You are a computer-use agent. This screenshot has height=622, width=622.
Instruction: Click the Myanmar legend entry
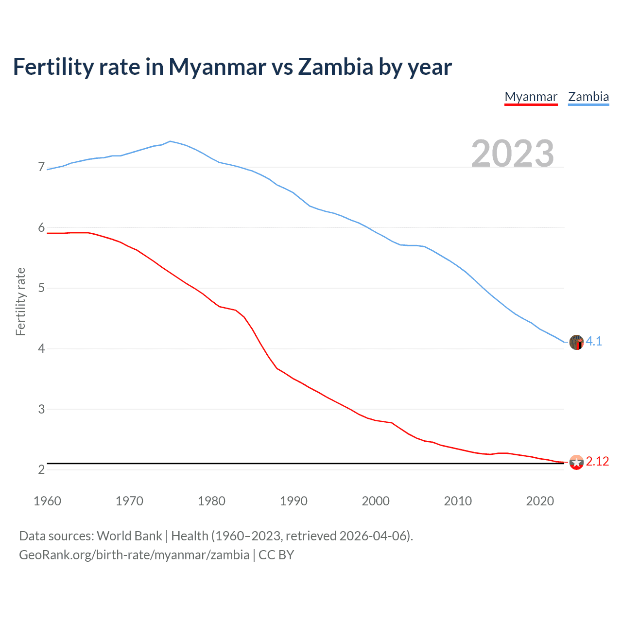531,97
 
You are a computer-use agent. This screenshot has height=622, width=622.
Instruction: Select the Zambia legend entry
588,97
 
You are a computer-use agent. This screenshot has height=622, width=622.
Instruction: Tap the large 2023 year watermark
513,154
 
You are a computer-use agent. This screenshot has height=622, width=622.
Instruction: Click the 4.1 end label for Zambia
594,342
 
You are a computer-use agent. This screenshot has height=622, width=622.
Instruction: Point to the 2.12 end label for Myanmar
597,462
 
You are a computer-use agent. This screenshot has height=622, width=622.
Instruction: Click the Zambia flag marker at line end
576,342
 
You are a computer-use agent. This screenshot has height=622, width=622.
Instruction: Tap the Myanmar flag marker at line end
576,462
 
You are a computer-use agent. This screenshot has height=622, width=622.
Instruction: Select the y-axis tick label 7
41,167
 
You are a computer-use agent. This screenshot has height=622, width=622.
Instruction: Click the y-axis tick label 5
41,288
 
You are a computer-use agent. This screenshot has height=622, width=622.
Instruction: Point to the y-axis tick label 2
41,469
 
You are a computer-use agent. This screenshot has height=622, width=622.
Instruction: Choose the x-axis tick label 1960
47,501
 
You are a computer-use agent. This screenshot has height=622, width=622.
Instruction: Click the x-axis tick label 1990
294,501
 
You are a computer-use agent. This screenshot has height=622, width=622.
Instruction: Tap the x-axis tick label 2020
540,501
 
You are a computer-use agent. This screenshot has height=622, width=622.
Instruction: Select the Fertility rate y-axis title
20,301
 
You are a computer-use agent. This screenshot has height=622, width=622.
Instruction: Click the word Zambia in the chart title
335,67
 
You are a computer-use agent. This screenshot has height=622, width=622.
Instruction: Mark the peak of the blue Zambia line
170,141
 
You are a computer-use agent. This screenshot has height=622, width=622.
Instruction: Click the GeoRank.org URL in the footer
134,555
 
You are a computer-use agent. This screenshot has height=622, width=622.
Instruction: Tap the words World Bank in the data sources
129,536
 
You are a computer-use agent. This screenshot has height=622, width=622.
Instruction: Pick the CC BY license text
276,555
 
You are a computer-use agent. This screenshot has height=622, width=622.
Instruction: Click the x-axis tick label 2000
376,501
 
